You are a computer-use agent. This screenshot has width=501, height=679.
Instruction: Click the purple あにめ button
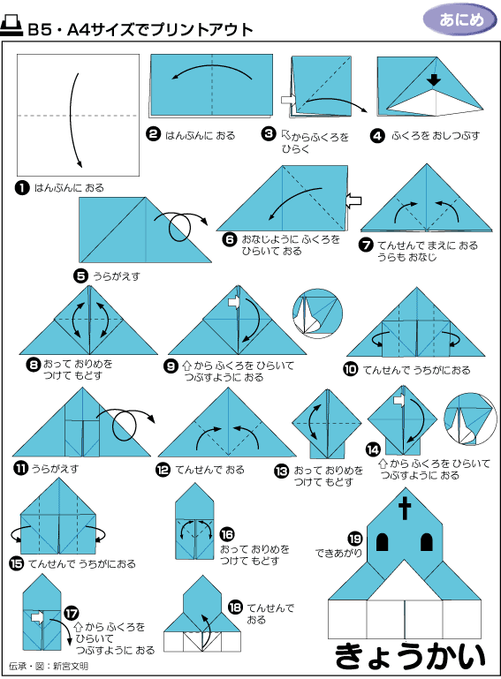[x=459, y=20]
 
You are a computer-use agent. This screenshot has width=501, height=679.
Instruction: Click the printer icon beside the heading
[x=11, y=26]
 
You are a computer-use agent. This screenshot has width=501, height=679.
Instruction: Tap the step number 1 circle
[x=22, y=188]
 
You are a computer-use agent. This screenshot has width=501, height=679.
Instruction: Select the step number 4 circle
[x=377, y=136]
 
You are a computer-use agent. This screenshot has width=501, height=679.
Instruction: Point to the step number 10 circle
[x=350, y=369]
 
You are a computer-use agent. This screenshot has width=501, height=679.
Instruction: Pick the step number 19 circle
[x=355, y=539]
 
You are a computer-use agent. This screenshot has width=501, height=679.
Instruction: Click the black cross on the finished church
[x=405, y=509]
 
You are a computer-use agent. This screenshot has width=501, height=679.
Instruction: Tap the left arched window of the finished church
[x=383, y=542]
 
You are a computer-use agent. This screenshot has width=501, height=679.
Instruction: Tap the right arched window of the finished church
[x=427, y=542]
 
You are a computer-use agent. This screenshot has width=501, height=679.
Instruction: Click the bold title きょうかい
[x=410, y=656]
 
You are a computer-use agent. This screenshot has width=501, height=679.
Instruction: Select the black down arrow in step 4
[x=434, y=79]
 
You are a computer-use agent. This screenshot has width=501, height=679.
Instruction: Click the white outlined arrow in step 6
[x=353, y=201]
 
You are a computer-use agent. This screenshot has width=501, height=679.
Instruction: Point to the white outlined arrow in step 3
[x=288, y=100]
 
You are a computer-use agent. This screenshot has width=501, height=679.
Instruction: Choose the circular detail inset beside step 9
[x=317, y=314]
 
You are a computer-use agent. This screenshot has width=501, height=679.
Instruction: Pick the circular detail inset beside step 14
[x=470, y=419]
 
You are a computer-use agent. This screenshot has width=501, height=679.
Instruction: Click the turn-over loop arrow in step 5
[x=179, y=224]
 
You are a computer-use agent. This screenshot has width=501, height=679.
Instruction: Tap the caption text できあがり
[x=338, y=554]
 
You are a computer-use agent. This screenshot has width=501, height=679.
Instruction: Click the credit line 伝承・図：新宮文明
[x=49, y=666]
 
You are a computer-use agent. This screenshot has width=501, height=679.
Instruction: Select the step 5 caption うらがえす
[x=117, y=275]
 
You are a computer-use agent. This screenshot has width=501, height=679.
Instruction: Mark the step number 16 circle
[x=227, y=535]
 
